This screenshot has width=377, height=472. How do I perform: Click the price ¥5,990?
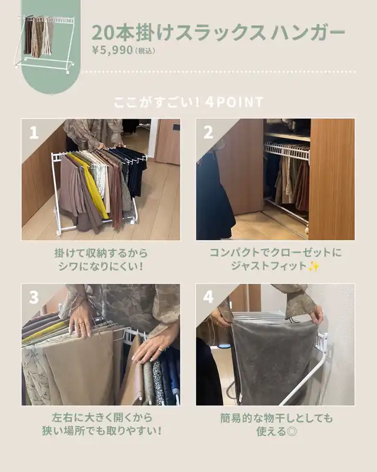113,50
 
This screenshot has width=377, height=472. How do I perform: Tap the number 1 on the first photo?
34,132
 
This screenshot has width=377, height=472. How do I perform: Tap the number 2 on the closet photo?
208,132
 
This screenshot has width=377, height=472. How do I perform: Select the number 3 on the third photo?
34,297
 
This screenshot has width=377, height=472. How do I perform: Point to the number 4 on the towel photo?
208,297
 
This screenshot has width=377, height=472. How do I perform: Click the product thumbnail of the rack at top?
45,42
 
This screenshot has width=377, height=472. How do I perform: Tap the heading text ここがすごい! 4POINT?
188,102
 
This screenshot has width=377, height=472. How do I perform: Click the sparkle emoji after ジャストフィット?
313,267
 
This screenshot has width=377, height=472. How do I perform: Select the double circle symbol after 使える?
292,432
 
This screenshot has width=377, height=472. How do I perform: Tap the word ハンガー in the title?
307,32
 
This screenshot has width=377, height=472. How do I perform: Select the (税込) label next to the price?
145,51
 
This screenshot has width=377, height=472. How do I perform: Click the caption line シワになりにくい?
100,267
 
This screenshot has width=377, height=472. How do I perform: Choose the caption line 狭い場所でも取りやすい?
102,431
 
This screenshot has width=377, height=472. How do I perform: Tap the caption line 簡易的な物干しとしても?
277,418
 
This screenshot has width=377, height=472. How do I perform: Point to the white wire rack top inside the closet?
286,150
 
